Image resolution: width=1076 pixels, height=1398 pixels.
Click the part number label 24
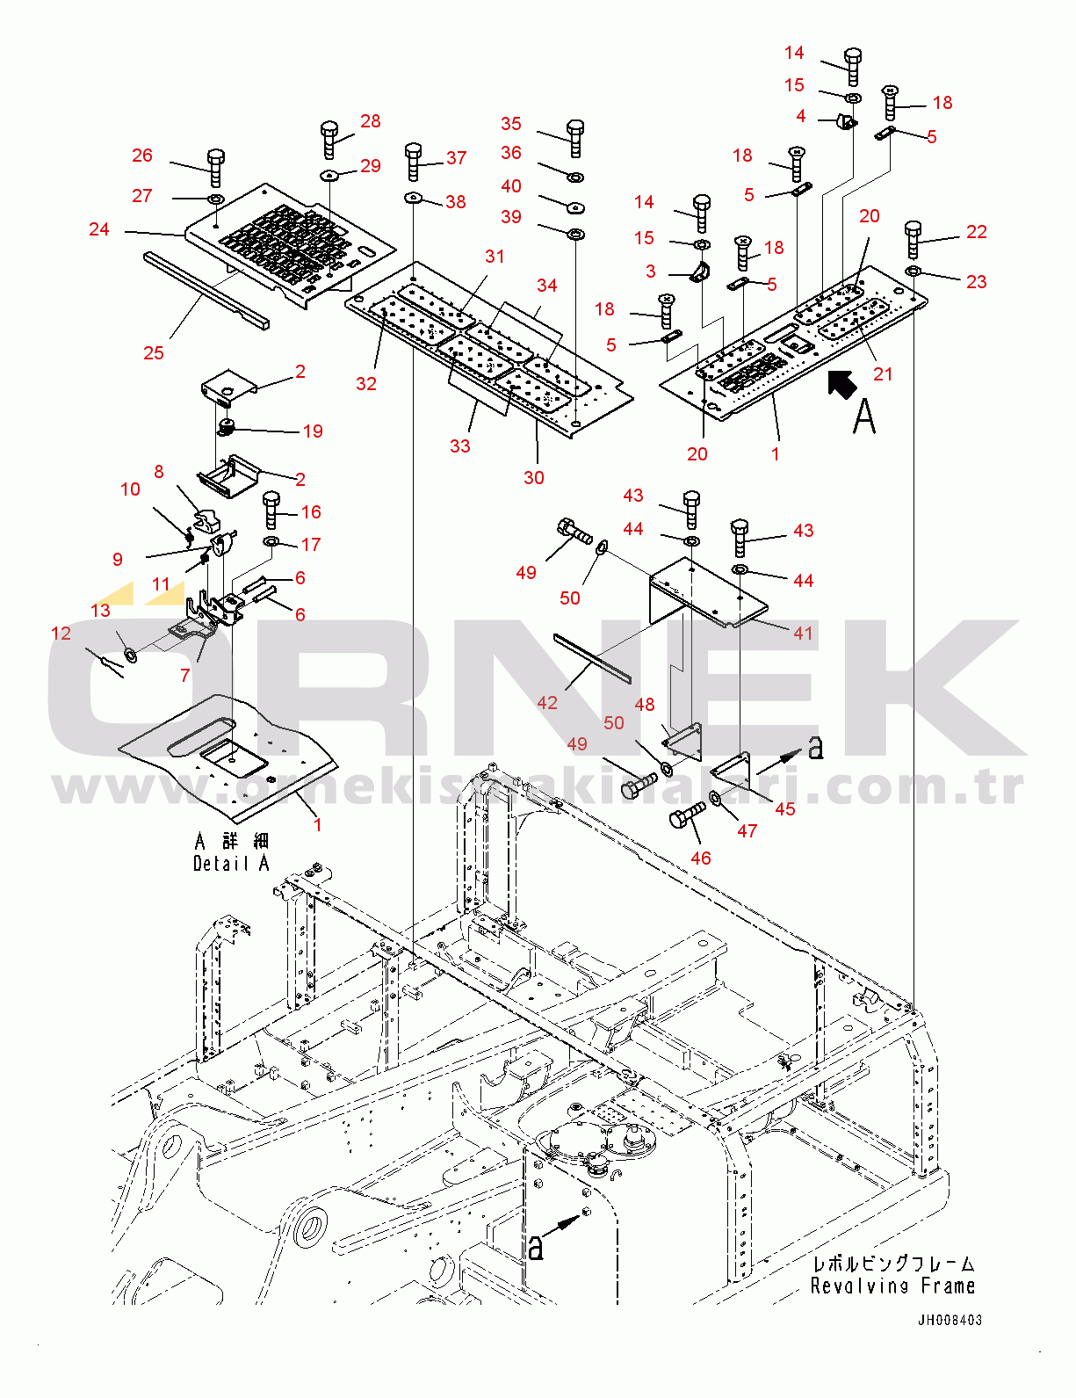(x=99, y=229)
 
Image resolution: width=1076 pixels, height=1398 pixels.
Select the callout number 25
(x=154, y=353)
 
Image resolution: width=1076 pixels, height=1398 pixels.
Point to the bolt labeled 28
(x=329, y=139)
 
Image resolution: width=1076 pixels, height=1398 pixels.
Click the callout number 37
(x=456, y=158)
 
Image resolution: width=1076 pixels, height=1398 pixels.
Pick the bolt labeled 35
(x=575, y=137)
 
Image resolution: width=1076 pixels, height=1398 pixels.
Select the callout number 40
(x=511, y=186)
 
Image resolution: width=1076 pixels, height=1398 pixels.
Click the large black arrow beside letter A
(x=842, y=384)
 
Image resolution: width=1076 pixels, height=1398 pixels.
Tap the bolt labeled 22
(x=913, y=238)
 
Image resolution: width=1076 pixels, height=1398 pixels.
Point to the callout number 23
(x=976, y=282)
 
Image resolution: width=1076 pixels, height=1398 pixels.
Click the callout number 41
(x=803, y=634)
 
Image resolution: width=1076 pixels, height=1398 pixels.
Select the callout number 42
(x=547, y=703)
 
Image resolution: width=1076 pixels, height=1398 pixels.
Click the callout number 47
(x=747, y=831)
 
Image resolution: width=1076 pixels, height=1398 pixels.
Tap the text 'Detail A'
(x=230, y=864)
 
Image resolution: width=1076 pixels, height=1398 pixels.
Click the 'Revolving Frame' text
(x=892, y=1286)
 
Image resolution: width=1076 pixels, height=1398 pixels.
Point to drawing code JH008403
(x=950, y=1320)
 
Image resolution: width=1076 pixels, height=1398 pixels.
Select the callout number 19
(x=313, y=431)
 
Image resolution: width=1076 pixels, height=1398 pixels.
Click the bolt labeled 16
(x=271, y=509)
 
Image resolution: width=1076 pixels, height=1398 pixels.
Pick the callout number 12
(x=61, y=634)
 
